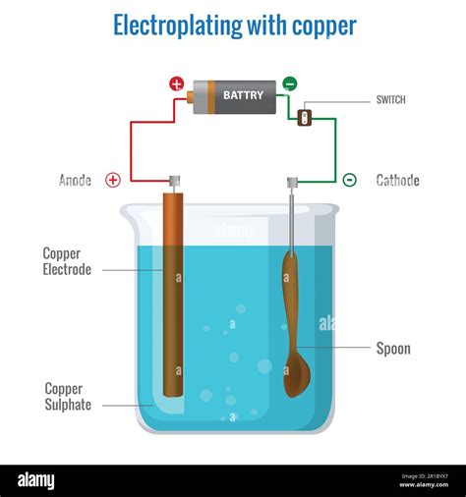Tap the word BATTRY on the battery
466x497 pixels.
243,95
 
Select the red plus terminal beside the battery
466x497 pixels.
177,84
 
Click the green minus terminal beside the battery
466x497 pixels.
289,84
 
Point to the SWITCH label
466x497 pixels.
390,100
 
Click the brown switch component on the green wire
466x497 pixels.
304,118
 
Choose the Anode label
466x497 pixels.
75,180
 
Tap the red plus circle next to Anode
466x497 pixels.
113,180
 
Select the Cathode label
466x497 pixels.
397,180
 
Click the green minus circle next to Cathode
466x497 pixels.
349,180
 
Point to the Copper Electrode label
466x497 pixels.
67,261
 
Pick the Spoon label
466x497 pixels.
393,349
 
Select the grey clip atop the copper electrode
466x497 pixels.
174,181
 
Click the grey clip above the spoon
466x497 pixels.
292,182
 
